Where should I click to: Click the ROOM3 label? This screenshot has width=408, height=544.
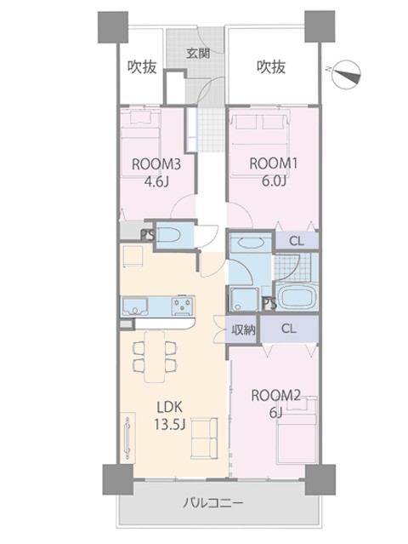click(x=156, y=164)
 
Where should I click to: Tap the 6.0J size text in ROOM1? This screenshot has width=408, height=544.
click(x=273, y=180)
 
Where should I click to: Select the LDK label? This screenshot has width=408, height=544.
click(x=169, y=407)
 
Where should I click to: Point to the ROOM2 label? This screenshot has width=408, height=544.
click(x=275, y=395)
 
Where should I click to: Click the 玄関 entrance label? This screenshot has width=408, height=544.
click(x=198, y=53)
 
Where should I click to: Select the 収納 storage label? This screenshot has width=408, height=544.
click(x=243, y=329)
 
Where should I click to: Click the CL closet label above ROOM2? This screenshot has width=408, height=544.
click(x=289, y=329)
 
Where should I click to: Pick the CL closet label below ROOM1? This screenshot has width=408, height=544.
click(x=297, y=241)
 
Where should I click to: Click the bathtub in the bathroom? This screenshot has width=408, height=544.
click(x=297, y=297)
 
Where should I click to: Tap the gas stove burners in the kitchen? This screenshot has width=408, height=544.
click(x=183, y=306)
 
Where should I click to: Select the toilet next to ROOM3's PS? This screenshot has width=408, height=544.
click(x=168, y=236)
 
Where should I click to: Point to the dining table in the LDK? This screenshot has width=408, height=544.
click(x=155, y=357)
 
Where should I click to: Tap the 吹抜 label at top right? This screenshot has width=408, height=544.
click(x=271, y=67)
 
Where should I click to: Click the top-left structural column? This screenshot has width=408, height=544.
click(x=113, y=27)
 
